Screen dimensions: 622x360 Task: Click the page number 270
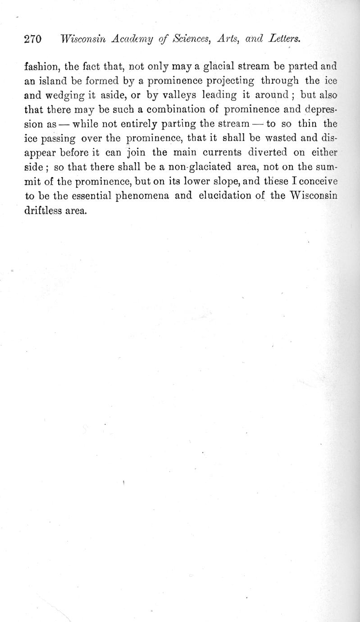tap(32, 39)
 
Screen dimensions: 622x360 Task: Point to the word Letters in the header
tap(284, 39)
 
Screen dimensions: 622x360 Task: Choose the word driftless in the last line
tap(43, 210)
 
